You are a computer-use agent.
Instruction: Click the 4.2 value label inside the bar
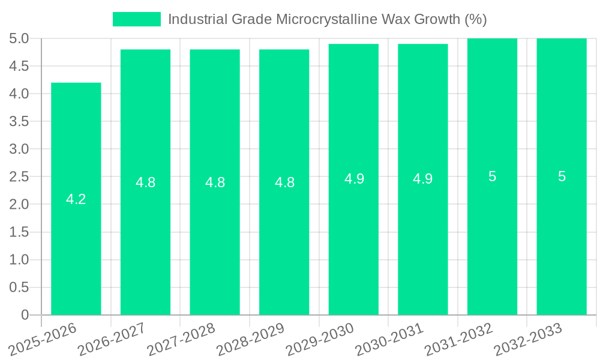tap(76, 200)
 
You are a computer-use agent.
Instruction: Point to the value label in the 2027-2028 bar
tap(215, 183)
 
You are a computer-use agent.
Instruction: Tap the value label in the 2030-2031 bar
tap(423, 179)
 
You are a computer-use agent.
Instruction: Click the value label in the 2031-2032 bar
tap(493, 177)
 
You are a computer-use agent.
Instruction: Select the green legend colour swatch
tap(137, 19)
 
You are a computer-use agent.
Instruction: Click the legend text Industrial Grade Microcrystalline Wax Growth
tap(327, 19)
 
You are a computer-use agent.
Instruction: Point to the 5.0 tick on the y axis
tap(19, 39)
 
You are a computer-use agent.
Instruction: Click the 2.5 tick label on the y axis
tap(19, 177)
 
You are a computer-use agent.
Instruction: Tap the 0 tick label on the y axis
tap(25, 315)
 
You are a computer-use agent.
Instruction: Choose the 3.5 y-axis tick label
tap(19, 122)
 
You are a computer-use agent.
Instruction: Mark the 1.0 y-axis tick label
tap(19, 260)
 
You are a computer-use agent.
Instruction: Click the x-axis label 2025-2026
tap(43, 338)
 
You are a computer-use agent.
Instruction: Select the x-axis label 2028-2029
tap(251, 338)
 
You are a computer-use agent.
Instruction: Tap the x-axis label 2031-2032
tap(459, 338)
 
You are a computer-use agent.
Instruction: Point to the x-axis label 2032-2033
tap(528, 338)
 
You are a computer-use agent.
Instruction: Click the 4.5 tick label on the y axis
tap(19, 67)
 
